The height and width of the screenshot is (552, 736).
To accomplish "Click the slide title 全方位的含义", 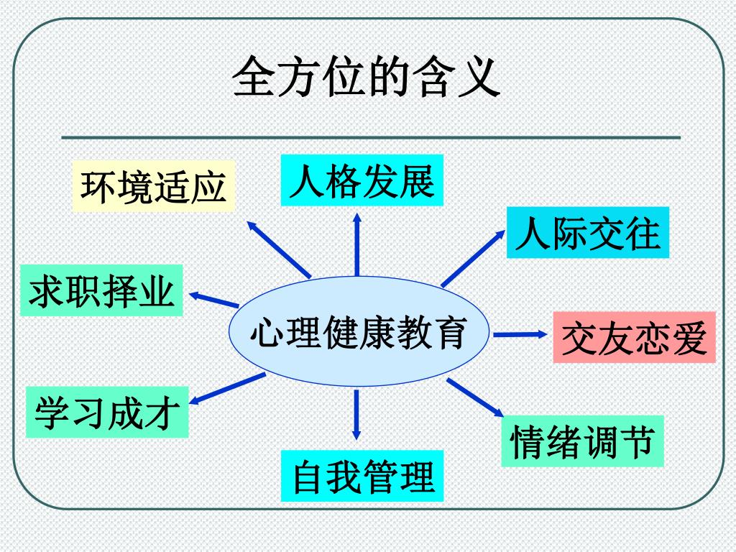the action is pyautogui.click(x=367, y=77).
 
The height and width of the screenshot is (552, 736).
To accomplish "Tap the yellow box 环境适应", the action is pyautogui.click(x=154, y=185).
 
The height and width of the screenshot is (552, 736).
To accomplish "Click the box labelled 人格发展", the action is pyautogui.click(x=362, y=180).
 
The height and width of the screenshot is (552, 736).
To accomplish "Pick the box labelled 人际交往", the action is pyautogui.click(x=587, y=232).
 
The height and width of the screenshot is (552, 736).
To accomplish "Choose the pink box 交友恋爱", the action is pyautogui.click(x=634, y=337).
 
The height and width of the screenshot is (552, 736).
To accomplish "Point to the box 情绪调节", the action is pyautogui.click(x=581, y=441).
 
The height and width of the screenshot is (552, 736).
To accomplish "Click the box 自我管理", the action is pyautogui.click(x=362, y=476).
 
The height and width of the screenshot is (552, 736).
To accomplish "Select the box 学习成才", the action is pyautogui.click(x=107, y=413).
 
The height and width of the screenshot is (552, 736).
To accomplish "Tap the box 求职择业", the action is pyautogui.click(x=102, y=290).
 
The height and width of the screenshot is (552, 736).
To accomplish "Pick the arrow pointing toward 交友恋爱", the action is pyautogui.click(x=520, y=333).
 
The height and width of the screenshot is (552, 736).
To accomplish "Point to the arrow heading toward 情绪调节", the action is pyautogui.click(x=476, y=397).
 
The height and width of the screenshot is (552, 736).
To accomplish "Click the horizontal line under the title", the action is pyautogui.click(x=370, y=137).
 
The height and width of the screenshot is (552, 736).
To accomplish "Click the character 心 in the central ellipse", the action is pyautogui.click(x=264, y=333).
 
